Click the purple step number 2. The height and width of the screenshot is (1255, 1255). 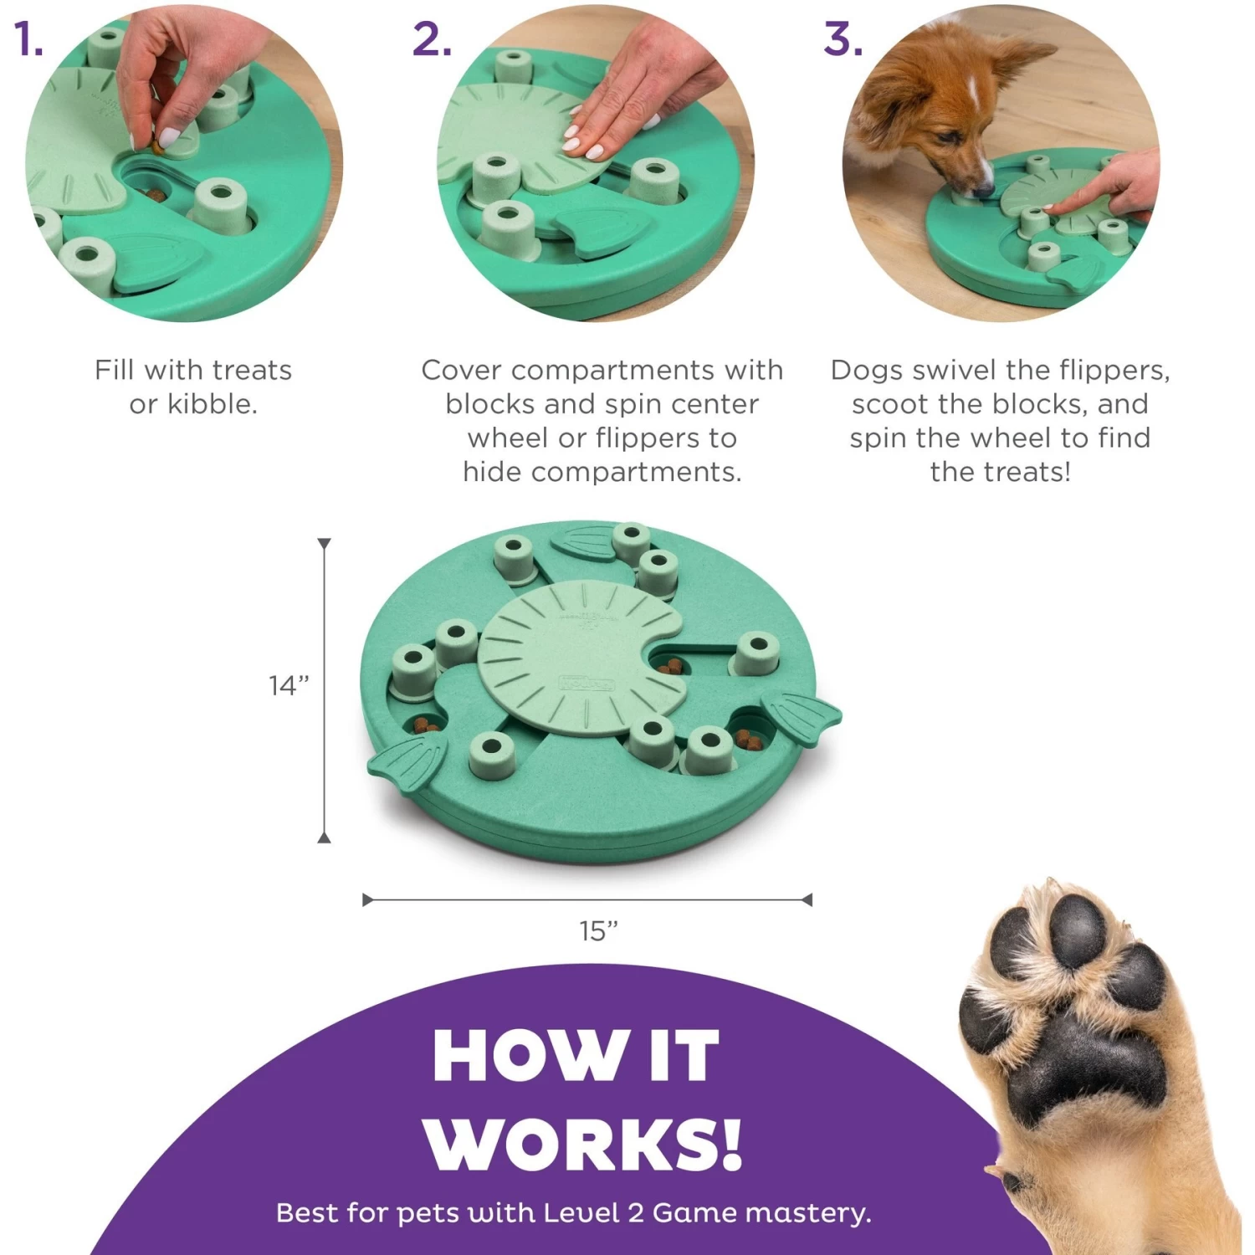(431, 39)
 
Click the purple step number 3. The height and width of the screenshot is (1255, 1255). (842, 39)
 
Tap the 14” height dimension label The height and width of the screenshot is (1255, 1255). (289, 685)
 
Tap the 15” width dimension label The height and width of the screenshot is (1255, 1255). (598, 930)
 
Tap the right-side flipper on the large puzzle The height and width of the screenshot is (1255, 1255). (803, 717)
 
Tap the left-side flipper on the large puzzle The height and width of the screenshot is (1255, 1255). (408, 762)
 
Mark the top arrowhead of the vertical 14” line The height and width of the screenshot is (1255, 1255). (324, 544)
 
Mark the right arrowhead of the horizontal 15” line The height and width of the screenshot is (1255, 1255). (807, 899)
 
